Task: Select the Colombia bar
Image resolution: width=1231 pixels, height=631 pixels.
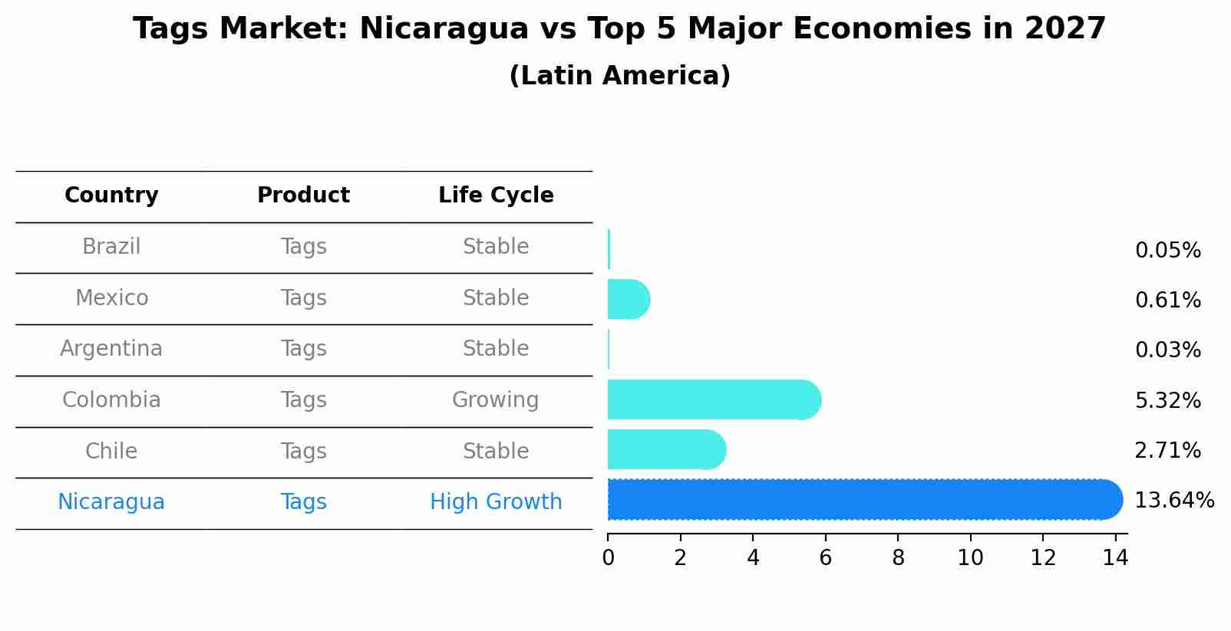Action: pos(714,399)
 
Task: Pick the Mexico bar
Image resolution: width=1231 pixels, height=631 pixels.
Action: pos(628,299)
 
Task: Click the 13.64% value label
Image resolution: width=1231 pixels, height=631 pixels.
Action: pos(1173,501)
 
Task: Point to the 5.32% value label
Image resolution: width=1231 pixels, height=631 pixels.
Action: pos(1167,400)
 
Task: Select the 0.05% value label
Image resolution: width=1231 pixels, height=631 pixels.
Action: pos(1167,251)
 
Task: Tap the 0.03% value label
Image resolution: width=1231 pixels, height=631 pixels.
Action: pos(1167,350)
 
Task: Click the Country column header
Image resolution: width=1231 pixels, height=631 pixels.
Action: pos(111,196)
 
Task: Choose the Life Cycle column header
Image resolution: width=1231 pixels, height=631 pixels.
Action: pos(496,196)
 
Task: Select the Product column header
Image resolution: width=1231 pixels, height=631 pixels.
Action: pos(303,196)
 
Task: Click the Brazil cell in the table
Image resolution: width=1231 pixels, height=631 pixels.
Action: pos(111,247)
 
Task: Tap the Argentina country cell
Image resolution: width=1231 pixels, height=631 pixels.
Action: pos(111,349)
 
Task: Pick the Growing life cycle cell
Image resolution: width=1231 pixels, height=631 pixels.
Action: pos(495,400)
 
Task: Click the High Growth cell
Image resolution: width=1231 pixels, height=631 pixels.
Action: pos(496,502)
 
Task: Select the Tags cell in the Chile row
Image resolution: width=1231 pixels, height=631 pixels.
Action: pos(303,452)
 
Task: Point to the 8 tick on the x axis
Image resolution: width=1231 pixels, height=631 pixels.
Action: pos(898,558)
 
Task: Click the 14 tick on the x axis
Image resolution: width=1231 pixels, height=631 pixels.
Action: pos(1115,558)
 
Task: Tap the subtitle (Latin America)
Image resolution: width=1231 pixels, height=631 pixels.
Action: pos(619,76)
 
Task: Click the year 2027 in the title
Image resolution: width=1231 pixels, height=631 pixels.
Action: pos(1064,29)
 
